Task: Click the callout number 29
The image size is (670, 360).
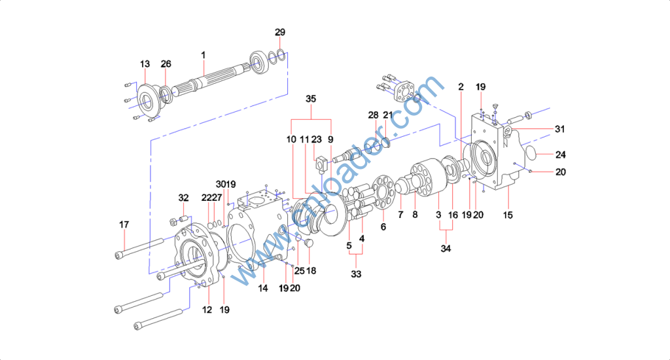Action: point(280,32)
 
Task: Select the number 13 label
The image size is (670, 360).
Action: point(145,63)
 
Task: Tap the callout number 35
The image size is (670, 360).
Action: point(311,99)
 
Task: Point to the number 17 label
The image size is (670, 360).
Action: point(124,225)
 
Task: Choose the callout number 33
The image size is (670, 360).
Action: point(356,274)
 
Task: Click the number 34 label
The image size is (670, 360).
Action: point(446,249)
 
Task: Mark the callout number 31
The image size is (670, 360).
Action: point(560,129)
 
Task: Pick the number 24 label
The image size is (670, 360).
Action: point(561,154)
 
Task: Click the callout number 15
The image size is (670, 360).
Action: point(508,215)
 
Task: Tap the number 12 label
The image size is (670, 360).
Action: point(207,310)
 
